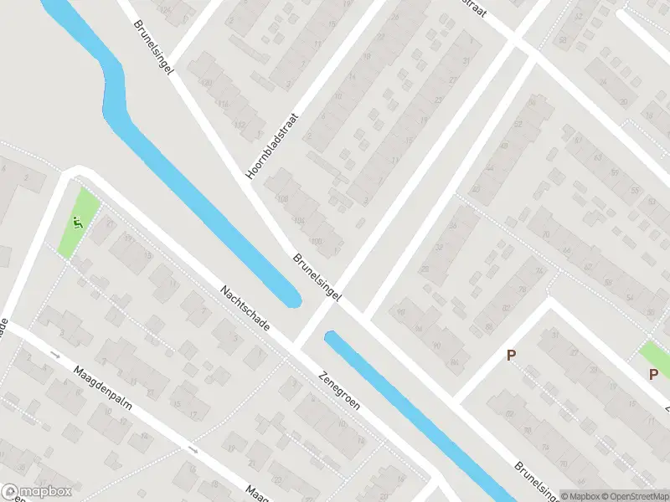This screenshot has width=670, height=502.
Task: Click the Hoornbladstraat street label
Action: tap(273, 147)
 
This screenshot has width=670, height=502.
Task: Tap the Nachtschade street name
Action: tap(245, 307)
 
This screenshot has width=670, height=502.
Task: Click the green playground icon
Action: tap(77, 223)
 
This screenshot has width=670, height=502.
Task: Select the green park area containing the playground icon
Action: tap(77, 223)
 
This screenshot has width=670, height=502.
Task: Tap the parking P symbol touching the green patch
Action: tap(653, 374)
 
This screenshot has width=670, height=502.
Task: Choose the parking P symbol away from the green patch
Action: tap(511, 356)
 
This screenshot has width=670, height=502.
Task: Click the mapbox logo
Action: tap(35, 491)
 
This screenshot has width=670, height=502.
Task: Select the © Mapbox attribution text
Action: tap(579, 495)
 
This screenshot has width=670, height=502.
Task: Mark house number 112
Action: tap(240, 125)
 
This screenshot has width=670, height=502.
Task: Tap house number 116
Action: tap(224, 103)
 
